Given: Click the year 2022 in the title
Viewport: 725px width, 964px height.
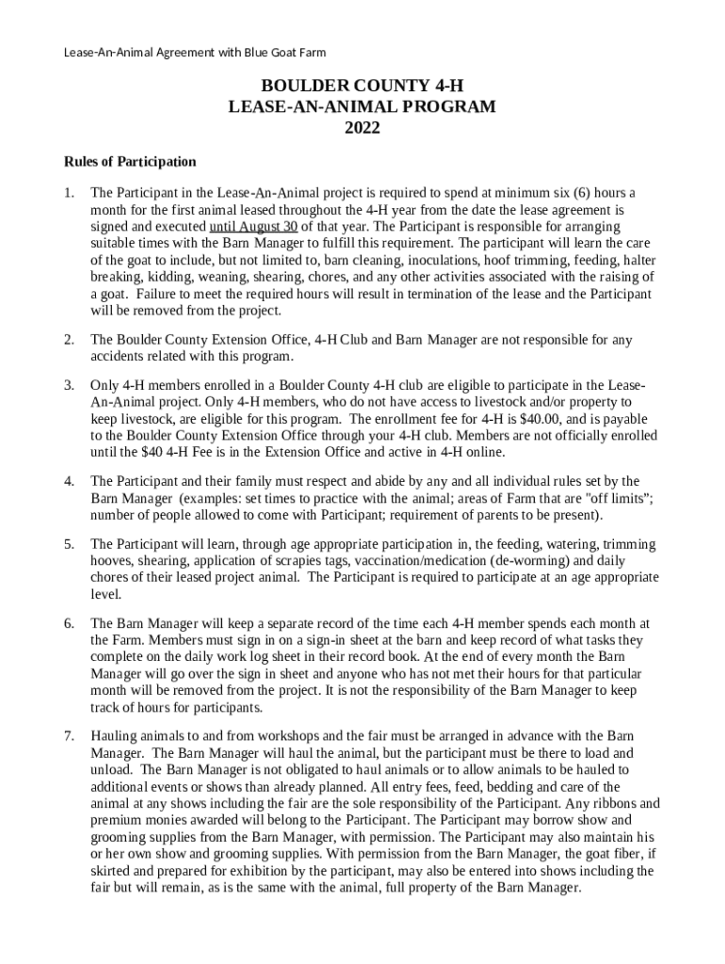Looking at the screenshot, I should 362,128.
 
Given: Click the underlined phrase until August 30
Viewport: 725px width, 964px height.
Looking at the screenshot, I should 253,227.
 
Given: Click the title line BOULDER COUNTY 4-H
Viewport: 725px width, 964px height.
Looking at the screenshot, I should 362,87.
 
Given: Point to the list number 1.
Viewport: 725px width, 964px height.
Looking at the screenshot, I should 69,193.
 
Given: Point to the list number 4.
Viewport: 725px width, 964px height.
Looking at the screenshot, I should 69,481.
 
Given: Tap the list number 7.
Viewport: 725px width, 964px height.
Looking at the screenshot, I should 69,735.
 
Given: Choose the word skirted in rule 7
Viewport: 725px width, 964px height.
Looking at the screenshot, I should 114,871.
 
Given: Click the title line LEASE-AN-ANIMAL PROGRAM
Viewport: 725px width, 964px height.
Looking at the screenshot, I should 362,107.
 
